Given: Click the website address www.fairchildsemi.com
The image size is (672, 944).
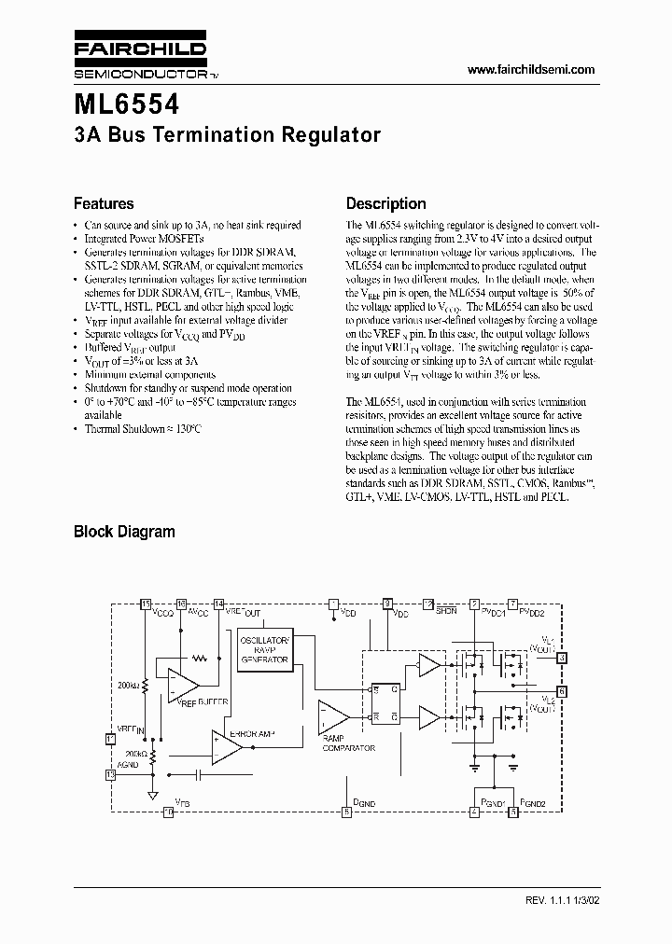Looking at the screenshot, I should tap(530, 71).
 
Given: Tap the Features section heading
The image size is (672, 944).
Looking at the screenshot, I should tap(104, 203).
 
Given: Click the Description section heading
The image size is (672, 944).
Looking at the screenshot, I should tap(385, 203).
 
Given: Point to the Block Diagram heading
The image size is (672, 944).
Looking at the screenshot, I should tap(124, 532).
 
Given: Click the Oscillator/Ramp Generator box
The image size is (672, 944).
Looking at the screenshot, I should tap(265, 649).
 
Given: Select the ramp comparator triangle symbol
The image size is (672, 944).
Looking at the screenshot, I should tap(332, 716).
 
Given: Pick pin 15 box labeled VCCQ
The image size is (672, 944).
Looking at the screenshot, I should tap(145, 604).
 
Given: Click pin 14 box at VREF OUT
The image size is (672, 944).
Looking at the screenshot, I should tap(218, 604).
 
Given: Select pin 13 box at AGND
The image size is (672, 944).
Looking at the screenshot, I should tap(111, 773).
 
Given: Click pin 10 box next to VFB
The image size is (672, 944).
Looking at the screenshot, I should tap(168, 812).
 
